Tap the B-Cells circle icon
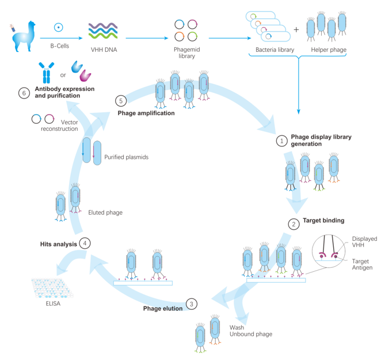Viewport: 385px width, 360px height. (x=58, y=26)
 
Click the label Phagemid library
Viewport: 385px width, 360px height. (x=185, y=53)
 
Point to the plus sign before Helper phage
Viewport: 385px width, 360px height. (x=296, y=29)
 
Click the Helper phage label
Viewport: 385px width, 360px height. (x=329, y=50)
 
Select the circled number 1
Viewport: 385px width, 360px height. (x=281, y=140)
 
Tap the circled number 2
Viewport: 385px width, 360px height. (x=293, y=225)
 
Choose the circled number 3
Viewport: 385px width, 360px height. (x=192, y=304)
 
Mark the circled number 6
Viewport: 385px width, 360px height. (x=24, y=93)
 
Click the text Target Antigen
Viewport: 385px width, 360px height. (x=362, y=264)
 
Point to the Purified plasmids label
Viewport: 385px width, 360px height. (x=126, y=157)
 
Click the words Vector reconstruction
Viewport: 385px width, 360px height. (x=59, y=126)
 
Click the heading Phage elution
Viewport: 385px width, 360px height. (x=163, y=308)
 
